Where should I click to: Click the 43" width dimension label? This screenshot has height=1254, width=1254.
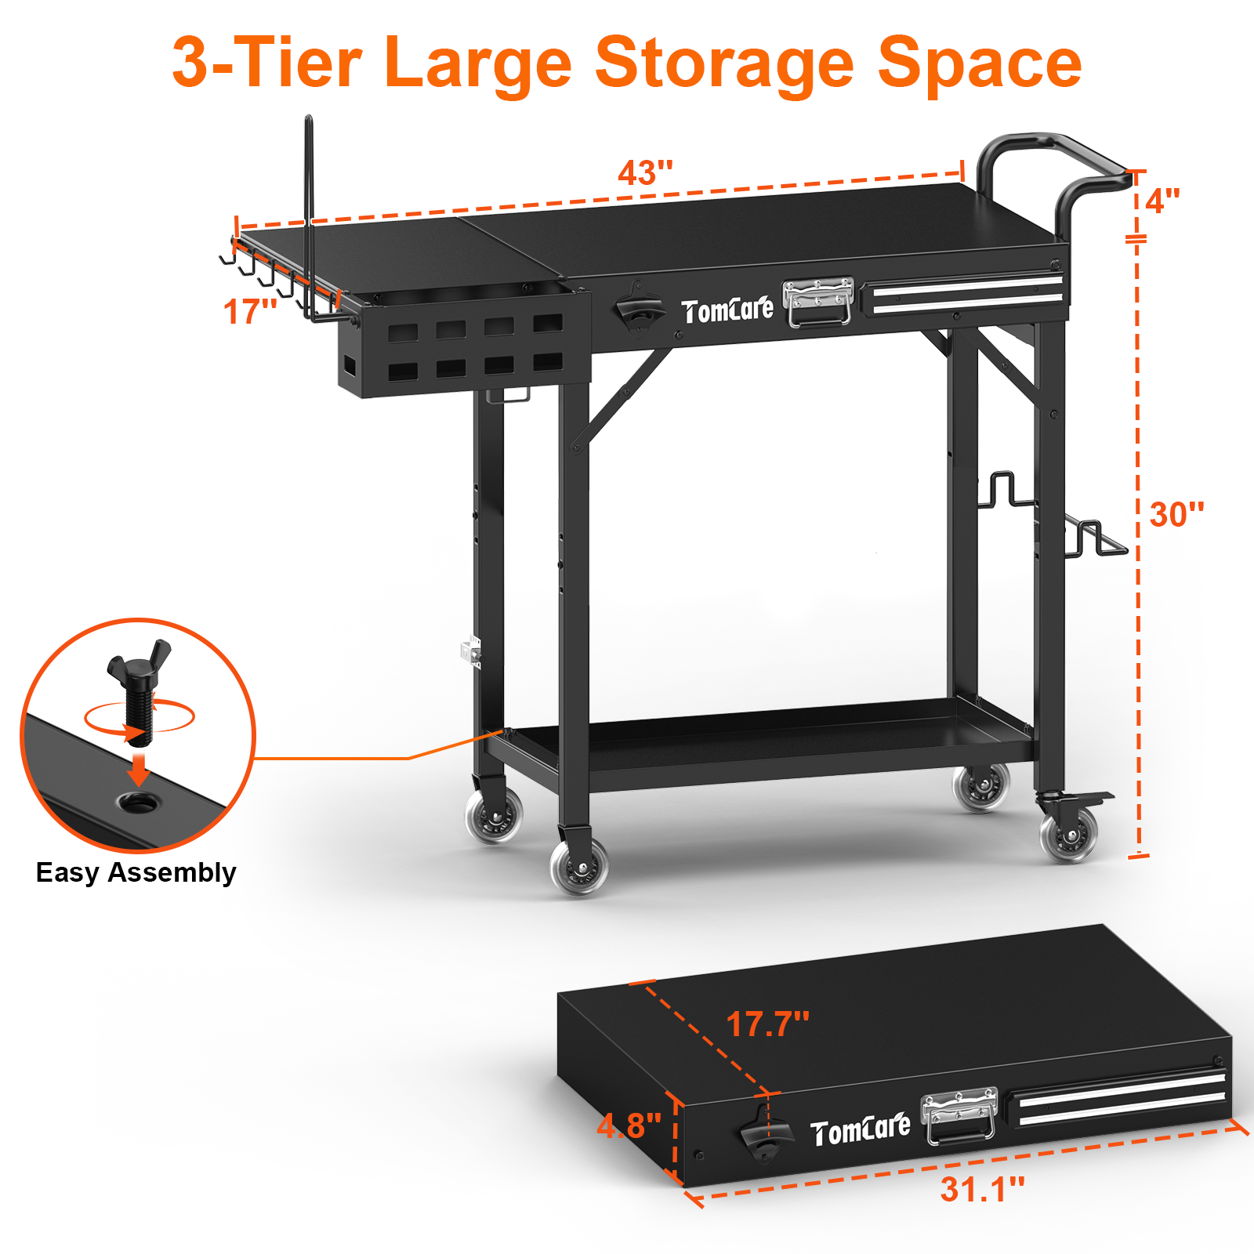[644, 172]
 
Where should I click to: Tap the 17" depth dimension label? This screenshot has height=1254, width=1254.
[249, 312]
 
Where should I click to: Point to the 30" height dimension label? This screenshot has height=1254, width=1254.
[1176, 515]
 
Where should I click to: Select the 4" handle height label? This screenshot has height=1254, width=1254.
[1162, 201]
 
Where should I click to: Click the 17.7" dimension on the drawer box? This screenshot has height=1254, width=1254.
[767, 1024]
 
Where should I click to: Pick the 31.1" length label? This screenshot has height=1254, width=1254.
[982, 1189]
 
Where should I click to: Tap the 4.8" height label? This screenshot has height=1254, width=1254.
[629, 1126]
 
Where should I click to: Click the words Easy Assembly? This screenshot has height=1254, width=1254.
[136, 872]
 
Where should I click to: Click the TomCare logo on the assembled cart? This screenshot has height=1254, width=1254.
[727, 311]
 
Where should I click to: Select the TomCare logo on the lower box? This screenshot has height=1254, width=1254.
[860, 1131]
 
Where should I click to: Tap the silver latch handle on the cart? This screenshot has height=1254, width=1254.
[818, 302]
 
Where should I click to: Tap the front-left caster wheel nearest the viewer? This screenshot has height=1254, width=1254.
[579, 867]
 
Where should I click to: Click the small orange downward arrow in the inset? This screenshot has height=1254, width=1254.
[139, 770]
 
